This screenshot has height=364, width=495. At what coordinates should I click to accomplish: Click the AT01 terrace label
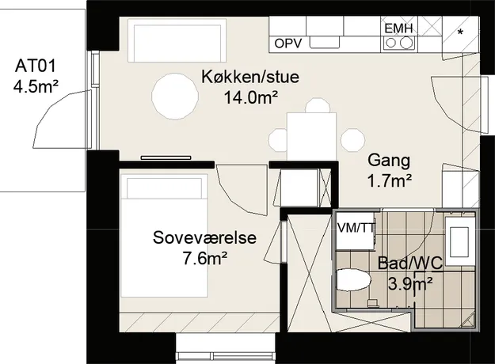click(36, 66)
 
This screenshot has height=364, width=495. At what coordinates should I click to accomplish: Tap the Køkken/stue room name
click(250, 77)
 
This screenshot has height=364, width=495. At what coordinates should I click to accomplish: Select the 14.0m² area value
click(251, 98)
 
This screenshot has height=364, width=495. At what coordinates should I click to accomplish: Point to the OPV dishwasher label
click(288, 44)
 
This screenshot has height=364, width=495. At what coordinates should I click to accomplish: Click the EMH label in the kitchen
click(398, 28)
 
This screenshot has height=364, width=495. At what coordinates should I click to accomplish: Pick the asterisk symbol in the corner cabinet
click(461, 32)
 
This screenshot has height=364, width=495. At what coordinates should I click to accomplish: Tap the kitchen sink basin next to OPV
click(325, 42)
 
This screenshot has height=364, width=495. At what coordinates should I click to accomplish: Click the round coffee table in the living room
click(175, 96)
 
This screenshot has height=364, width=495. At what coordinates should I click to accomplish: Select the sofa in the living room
click(177, 40)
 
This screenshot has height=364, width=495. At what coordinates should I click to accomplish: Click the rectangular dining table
click(311, 137)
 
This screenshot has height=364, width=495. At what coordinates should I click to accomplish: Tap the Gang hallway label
click(389, 160)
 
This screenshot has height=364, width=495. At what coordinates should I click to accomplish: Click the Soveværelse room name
click(204, 237)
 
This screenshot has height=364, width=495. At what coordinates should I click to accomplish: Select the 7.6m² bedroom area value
click(205, 259)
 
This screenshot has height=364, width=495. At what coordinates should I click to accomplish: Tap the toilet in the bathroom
click(353, 279)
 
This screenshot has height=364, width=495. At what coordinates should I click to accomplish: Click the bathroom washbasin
click(460, 237)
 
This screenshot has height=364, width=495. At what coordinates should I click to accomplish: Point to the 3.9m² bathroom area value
click(410, 284)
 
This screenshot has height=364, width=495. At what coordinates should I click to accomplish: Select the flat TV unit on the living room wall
click(166, 157)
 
